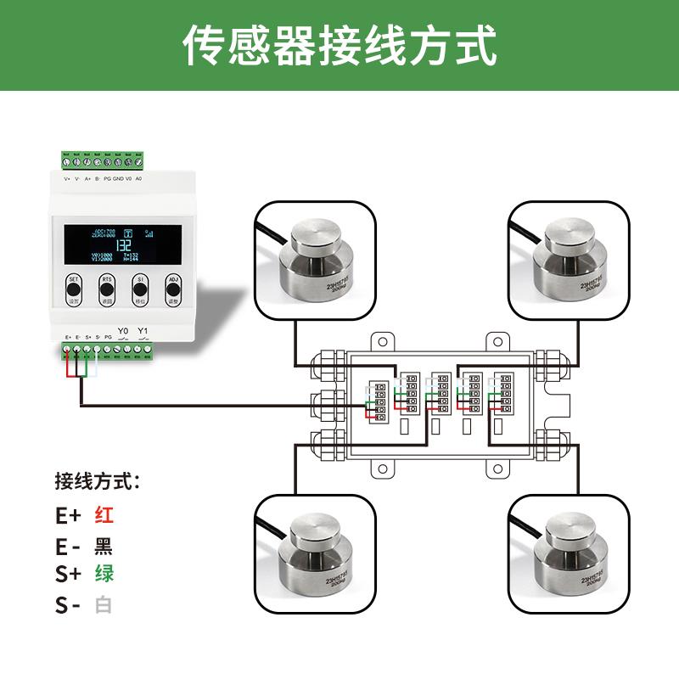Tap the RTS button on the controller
point(106,289)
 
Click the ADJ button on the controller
point(173,289)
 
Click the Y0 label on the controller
point(123,331)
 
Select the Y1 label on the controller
point(143,331)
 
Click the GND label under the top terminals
point(118,179)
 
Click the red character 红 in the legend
point(104,514)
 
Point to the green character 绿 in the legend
point(104,573)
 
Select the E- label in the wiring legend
point(68,545)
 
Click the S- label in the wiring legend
point(68,605)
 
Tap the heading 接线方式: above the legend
point(96,482)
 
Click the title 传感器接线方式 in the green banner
point(339,45)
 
